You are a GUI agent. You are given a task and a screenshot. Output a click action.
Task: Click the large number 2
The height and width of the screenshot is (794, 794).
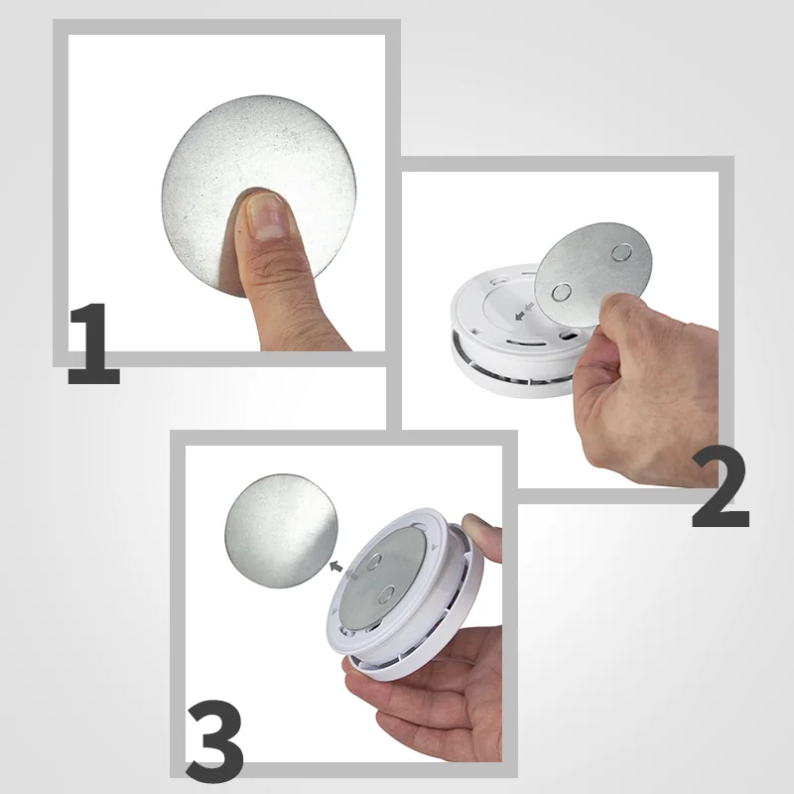click(721, 486)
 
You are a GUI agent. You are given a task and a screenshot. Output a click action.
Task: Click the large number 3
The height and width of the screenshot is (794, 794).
click(214, 740)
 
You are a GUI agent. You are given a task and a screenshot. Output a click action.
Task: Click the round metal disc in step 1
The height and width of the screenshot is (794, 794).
click(258, 195)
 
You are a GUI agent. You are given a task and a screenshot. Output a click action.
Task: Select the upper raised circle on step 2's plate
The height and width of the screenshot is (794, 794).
click(621, 252)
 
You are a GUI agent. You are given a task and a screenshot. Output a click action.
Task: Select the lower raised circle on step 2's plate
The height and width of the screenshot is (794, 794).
click(561, 292)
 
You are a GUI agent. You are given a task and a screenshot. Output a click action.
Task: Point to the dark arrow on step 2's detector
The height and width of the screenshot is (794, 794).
click(520, 316)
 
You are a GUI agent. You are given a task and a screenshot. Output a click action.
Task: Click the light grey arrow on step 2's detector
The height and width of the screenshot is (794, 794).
click(530, 306)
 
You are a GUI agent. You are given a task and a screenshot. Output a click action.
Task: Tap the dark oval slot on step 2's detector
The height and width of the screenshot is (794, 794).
click(570, 335)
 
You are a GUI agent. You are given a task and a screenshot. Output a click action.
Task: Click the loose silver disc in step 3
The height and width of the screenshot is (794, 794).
click(282, 531)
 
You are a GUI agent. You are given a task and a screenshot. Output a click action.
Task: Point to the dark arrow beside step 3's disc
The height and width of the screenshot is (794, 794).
click(335, 566)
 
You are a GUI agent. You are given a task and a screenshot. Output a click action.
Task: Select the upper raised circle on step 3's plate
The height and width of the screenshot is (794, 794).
click(374, 562)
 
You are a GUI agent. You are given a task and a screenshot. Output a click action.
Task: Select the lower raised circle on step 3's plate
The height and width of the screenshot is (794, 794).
click(387, 595)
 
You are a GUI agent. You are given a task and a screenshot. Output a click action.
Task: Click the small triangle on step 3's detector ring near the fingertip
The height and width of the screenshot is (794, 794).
click(434, 548)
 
